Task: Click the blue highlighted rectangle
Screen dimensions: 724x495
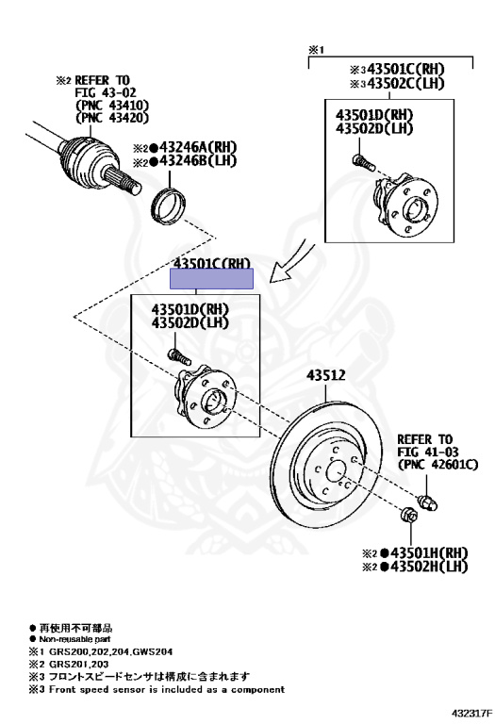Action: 211,278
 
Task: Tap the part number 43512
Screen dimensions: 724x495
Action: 325,375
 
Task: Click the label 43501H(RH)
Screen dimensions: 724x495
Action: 436,551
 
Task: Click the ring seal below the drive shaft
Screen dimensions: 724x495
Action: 170,201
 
